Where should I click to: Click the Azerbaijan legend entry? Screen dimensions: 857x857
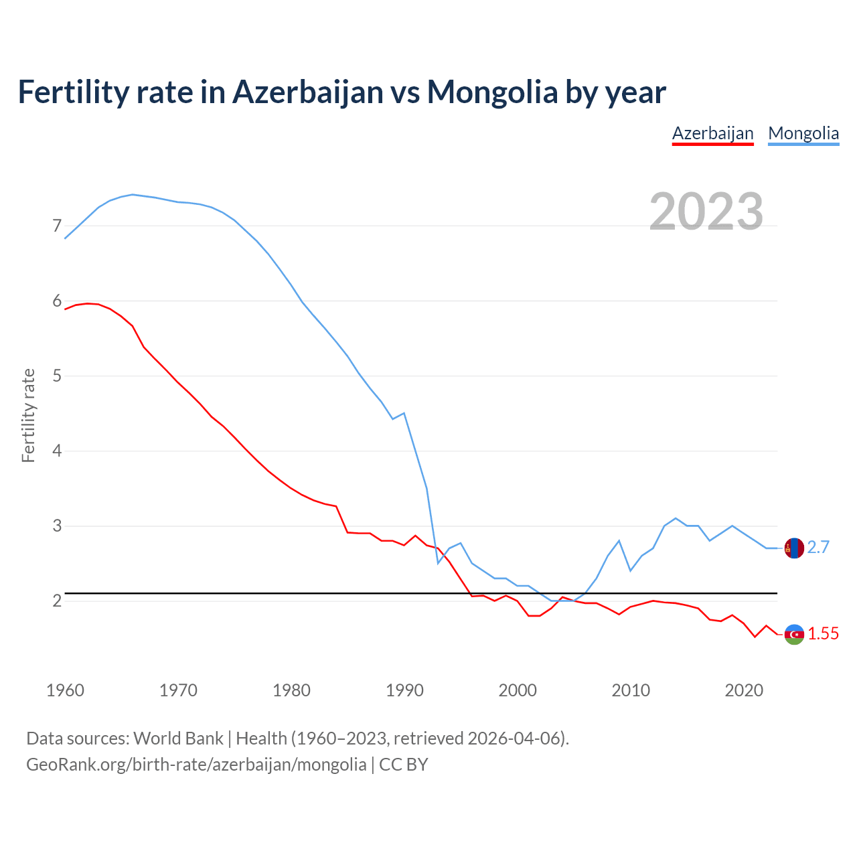(x=712, y=133)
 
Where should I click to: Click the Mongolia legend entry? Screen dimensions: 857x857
(x=803, y=133)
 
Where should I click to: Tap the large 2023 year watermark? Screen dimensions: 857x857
(x=706, y=212)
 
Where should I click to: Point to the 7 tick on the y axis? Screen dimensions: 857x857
(x=57, y=226)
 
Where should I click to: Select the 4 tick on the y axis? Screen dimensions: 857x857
(x=57, y=451)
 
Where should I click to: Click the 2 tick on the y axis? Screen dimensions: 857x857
(x=57, y=601)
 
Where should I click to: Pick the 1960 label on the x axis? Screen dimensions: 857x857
(x=65, y=690)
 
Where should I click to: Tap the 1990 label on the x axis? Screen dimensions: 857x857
(x=404, y=690)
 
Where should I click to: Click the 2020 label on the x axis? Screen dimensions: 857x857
(x=744, y=690)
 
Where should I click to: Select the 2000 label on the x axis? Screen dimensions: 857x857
(x=518, y=690)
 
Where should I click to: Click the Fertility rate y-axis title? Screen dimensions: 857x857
(x=28, y=415)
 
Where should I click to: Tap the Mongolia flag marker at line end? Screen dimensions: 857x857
(x=794, y=548)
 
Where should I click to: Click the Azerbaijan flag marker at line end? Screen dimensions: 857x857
(x=794, y=634)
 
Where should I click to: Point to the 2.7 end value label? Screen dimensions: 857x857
(x=818, y=548)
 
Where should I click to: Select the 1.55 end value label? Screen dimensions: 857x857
(x=823, y=634)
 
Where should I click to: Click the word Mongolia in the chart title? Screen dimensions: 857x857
(x=492, y=92)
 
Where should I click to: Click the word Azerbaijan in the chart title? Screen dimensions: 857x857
(x=307, y=92)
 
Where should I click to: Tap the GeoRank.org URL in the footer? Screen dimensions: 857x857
(x=196, y=765)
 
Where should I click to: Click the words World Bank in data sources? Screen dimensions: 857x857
(x=178, y=738)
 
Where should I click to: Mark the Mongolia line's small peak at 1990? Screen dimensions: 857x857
(x=404, y=413)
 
